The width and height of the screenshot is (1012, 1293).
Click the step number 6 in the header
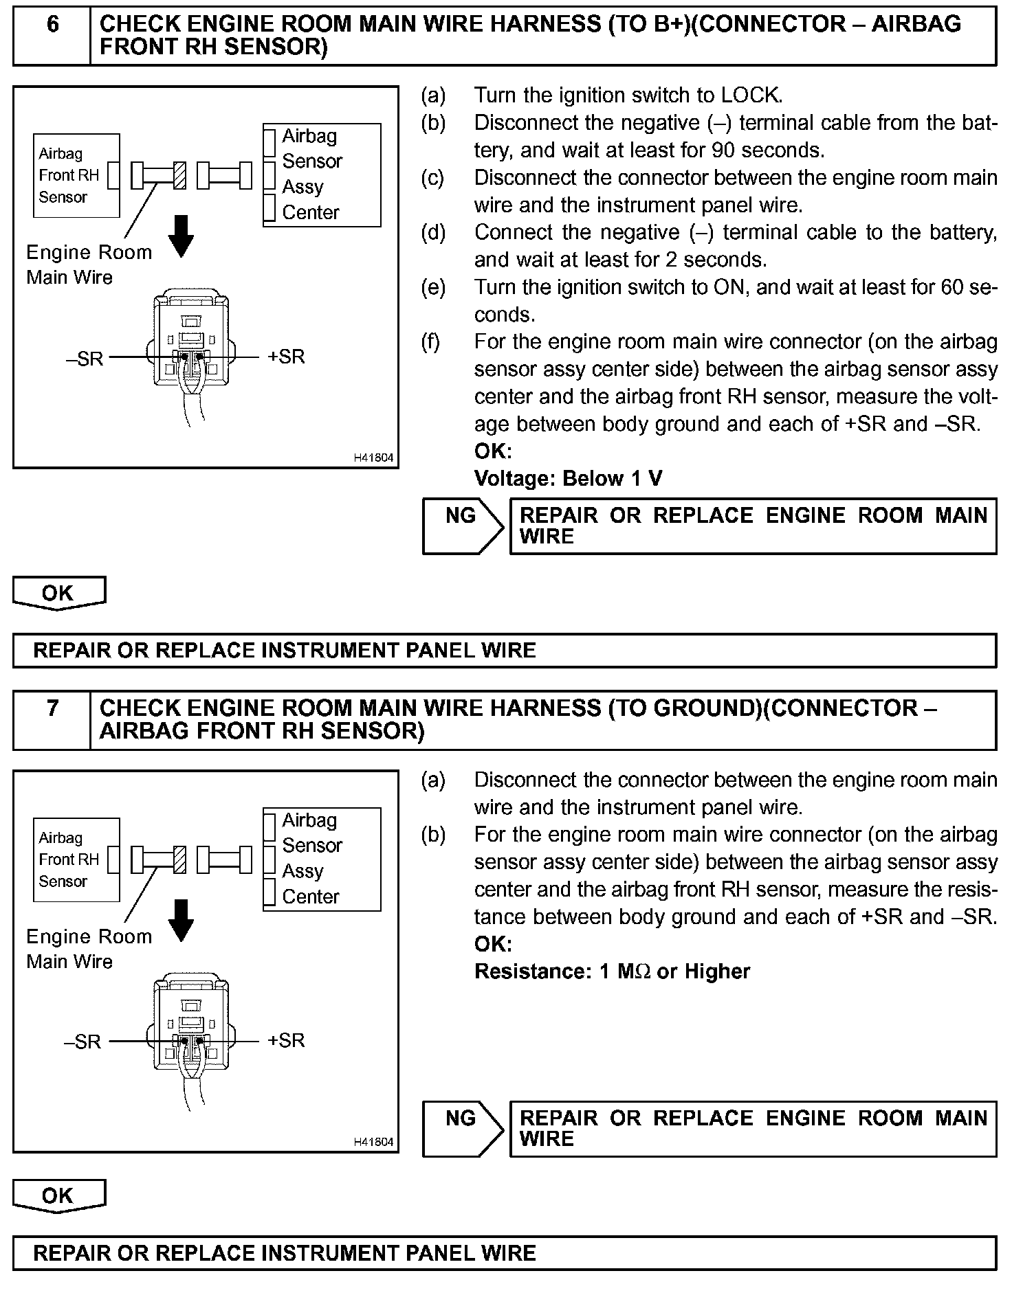(52, 25)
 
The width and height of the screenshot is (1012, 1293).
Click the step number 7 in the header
(52, 708)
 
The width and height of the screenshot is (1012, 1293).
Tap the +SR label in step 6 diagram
(286, 357)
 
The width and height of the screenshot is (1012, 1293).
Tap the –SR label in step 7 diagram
(82, 1042)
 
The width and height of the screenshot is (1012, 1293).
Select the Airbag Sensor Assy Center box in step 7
(322, 859)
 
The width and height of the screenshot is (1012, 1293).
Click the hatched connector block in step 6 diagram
(180, 175)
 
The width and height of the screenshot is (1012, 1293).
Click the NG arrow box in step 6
(462, 526)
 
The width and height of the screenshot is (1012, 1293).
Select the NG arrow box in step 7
(462, 1129)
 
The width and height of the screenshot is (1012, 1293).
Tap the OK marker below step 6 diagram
(58, 593)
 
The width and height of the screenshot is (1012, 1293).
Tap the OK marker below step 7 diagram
(58, 1196)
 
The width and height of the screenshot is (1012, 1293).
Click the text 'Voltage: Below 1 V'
(568, 478)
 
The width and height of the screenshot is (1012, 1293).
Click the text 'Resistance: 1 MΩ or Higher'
(612, 971)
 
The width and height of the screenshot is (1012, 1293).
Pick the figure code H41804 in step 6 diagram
(374, 458)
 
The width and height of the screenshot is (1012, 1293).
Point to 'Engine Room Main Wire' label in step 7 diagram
(89, 949)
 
